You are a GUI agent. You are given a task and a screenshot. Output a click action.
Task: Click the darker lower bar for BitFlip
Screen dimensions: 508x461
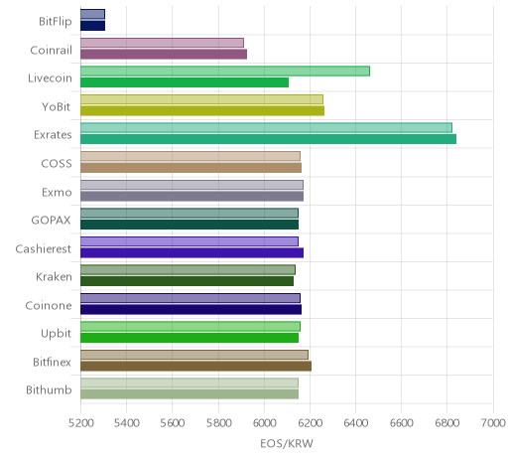coord(92,26)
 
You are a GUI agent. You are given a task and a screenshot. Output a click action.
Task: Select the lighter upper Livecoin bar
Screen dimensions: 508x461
coord(225,71)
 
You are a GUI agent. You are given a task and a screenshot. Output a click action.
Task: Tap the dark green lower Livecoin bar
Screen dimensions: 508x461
coord(185,82)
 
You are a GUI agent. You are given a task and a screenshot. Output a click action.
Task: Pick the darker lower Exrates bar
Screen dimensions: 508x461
coord(268,139)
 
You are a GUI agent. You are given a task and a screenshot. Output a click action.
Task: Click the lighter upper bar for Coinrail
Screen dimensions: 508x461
coord(162,43)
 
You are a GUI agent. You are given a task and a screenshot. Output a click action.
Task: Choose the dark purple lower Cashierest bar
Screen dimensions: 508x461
coord(191,252)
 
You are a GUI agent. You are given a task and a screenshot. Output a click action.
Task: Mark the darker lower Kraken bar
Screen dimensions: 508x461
coord(187,281)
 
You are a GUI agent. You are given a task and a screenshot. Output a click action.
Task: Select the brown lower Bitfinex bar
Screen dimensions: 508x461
coord(195,367)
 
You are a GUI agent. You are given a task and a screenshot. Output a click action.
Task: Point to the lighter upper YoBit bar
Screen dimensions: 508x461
coord(201,99)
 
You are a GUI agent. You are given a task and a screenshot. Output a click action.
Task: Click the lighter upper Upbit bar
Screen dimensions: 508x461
coord(190,326)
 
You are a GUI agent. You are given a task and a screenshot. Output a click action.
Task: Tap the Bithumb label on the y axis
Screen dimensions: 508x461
coord(49,389)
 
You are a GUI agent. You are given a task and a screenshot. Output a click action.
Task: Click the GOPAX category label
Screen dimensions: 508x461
coord(51,221)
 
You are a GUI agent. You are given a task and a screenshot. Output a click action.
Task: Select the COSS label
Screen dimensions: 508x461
coord(57,164)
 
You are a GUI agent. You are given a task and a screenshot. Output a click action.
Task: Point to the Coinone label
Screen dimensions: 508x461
coord(49,305)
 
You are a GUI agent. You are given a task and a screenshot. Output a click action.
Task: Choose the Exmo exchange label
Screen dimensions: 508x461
coord(57,192)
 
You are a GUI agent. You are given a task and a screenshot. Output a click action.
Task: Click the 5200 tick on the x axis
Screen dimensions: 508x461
coord(81,423)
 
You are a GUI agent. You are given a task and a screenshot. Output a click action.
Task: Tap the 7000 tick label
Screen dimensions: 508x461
coord(493,423)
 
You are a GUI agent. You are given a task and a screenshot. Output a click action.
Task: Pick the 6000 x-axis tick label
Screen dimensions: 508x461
coord(264,423)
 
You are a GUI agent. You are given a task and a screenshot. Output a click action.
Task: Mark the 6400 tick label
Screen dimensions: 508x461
coord(356,423)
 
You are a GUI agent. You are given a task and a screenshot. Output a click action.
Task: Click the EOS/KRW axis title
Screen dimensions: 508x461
coord(287,443)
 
